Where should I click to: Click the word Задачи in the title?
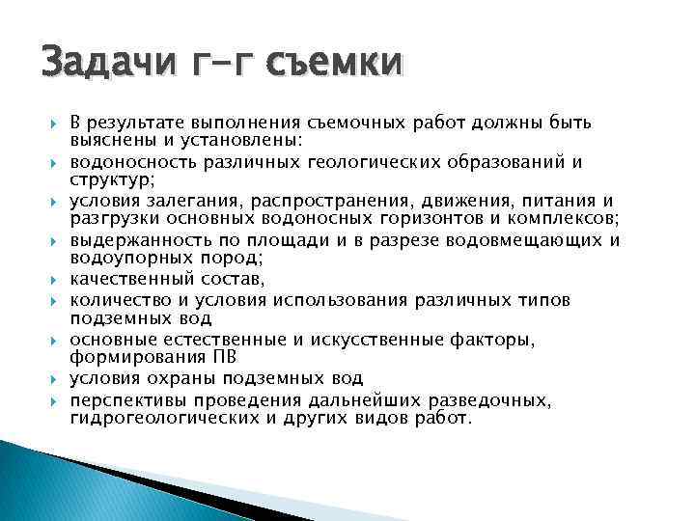[x=97, y=63]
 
